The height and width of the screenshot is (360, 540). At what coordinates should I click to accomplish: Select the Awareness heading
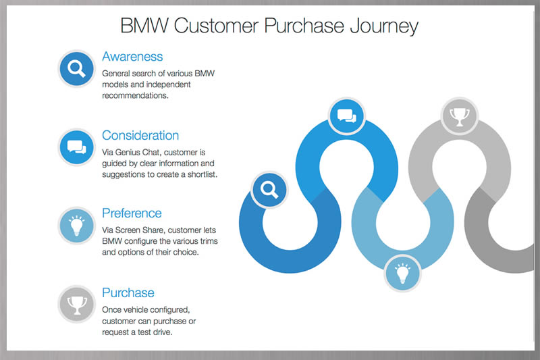(132, 56)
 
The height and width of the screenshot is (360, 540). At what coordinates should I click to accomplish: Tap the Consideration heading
(140, 135)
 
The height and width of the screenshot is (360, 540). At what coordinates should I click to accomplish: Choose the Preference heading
(132, 213)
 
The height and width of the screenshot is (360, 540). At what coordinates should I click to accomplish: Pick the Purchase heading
(128, 292)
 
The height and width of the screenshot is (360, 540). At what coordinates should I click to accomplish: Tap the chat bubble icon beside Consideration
(76, 147)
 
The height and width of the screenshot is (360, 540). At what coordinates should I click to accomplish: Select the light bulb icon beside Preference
(76, 226)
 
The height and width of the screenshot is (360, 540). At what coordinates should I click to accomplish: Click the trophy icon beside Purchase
(76, 304)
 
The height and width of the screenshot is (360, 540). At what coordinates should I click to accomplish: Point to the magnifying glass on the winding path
(269, 189)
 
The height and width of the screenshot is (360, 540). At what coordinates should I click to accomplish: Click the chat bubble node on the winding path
(346, 115)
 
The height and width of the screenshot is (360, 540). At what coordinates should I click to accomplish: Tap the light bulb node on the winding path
(402, 274)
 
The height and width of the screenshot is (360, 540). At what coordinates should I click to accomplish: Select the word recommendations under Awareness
(134, 95)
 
